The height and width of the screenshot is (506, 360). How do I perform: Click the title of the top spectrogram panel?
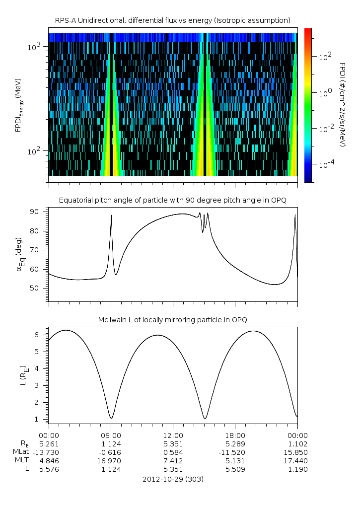172,20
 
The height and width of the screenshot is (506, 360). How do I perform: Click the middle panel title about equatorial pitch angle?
172,200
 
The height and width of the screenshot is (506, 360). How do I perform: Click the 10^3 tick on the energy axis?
36,47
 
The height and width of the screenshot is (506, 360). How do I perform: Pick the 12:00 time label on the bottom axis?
173,434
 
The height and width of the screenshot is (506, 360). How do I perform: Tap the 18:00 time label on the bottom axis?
235,434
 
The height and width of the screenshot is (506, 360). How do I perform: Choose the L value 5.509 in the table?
235,469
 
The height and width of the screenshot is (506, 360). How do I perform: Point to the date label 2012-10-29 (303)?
172,479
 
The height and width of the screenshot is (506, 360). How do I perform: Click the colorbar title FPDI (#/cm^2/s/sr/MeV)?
342,104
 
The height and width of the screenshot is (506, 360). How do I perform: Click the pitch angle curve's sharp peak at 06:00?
111,216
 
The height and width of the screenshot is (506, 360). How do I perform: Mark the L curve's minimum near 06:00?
111,418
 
